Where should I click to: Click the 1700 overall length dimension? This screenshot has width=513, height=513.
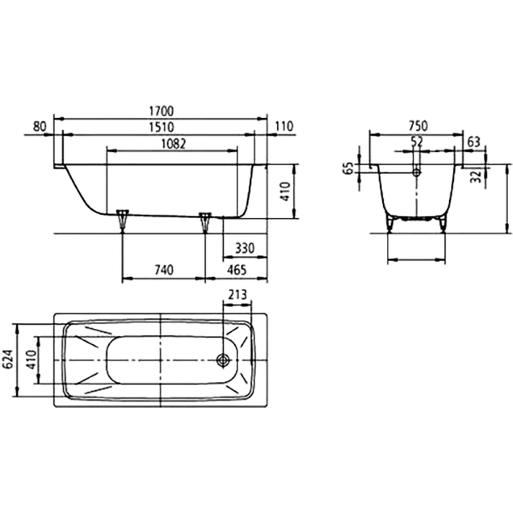161,111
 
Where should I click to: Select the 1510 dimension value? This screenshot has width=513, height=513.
161,127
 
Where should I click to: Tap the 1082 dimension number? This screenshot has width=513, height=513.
173,144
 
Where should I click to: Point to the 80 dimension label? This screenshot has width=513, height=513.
40,126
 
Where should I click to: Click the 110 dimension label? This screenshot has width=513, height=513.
283,126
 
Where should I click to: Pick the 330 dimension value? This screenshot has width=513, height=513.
245,249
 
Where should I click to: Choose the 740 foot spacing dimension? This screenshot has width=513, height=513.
164,270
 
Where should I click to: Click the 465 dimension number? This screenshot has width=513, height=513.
237,270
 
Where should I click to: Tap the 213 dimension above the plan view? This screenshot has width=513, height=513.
237,295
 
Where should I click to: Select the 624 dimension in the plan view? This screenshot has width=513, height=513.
8,359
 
